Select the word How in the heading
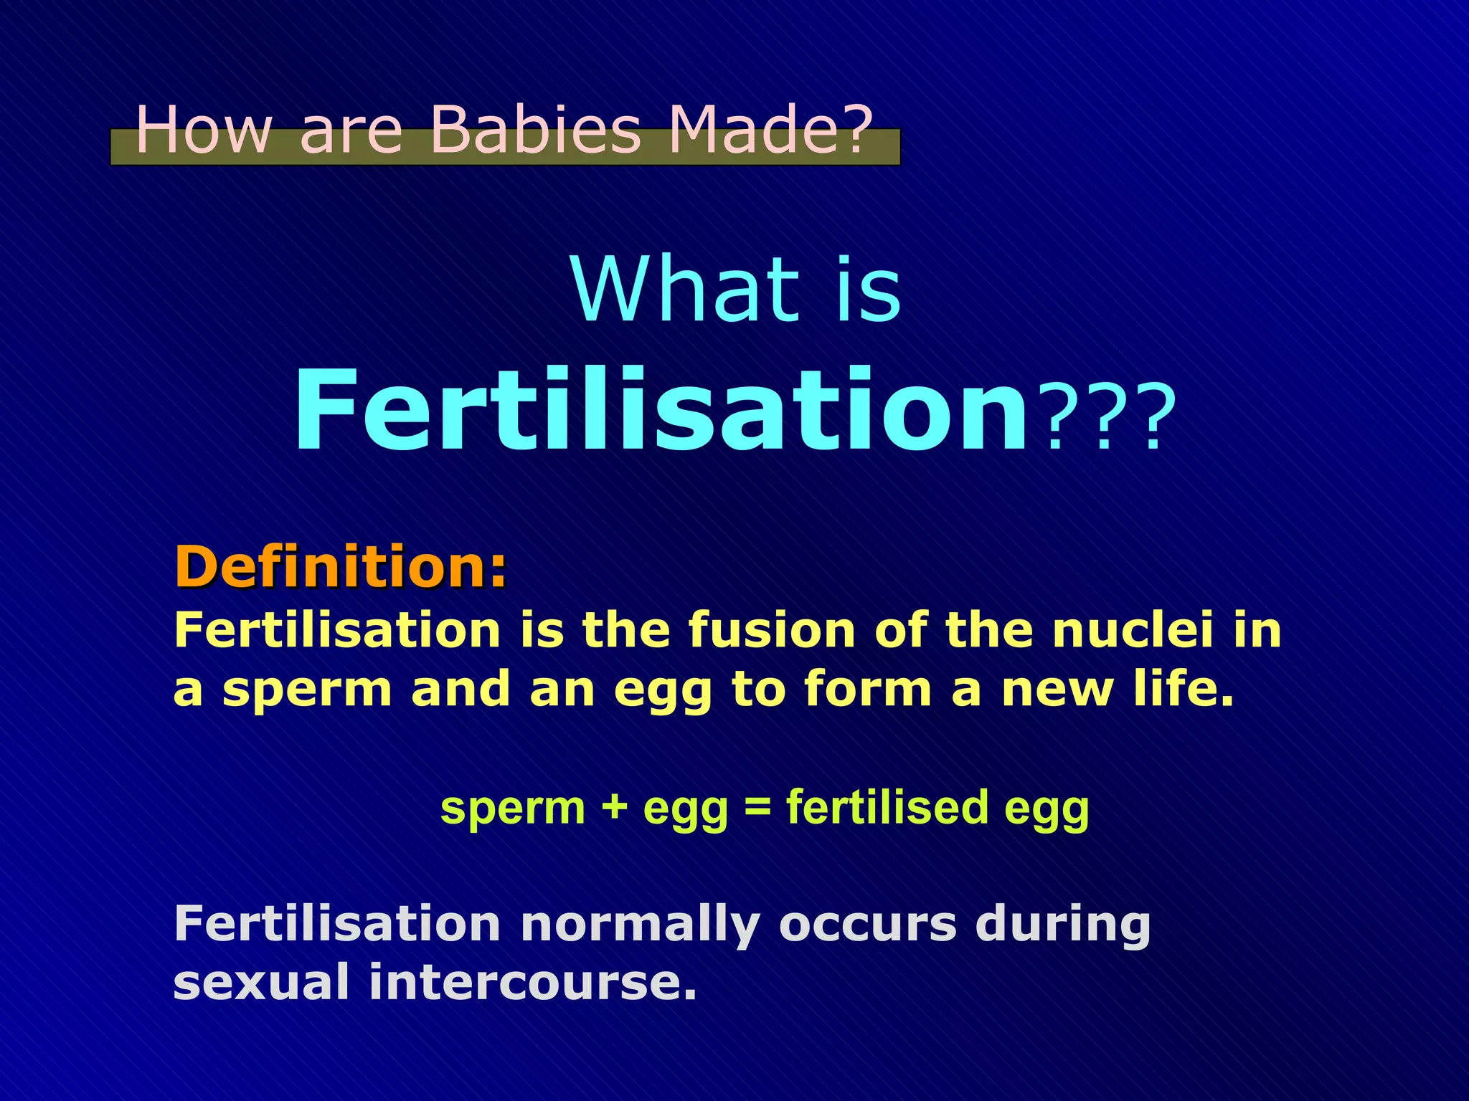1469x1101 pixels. pos(204,130)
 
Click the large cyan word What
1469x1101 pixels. pos(685,291)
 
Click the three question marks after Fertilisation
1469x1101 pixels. pos(1109,419)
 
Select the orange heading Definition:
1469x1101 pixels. pos(341,566)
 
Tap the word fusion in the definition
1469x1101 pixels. pos(772,631)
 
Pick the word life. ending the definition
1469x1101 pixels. pos(1184,690)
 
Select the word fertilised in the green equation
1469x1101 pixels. pos(887,808)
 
